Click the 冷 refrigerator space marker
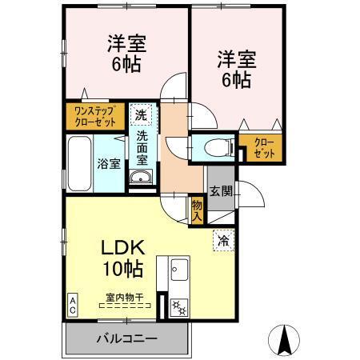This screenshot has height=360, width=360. coord(222,239)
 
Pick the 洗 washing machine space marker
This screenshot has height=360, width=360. coord(140,114)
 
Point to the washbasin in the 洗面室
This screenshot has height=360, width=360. coord(141,177)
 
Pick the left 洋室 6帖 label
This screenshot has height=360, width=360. coord(126,54)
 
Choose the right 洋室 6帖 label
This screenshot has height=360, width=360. coord(234,68)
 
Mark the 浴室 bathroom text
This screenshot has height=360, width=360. coord(109,164)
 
